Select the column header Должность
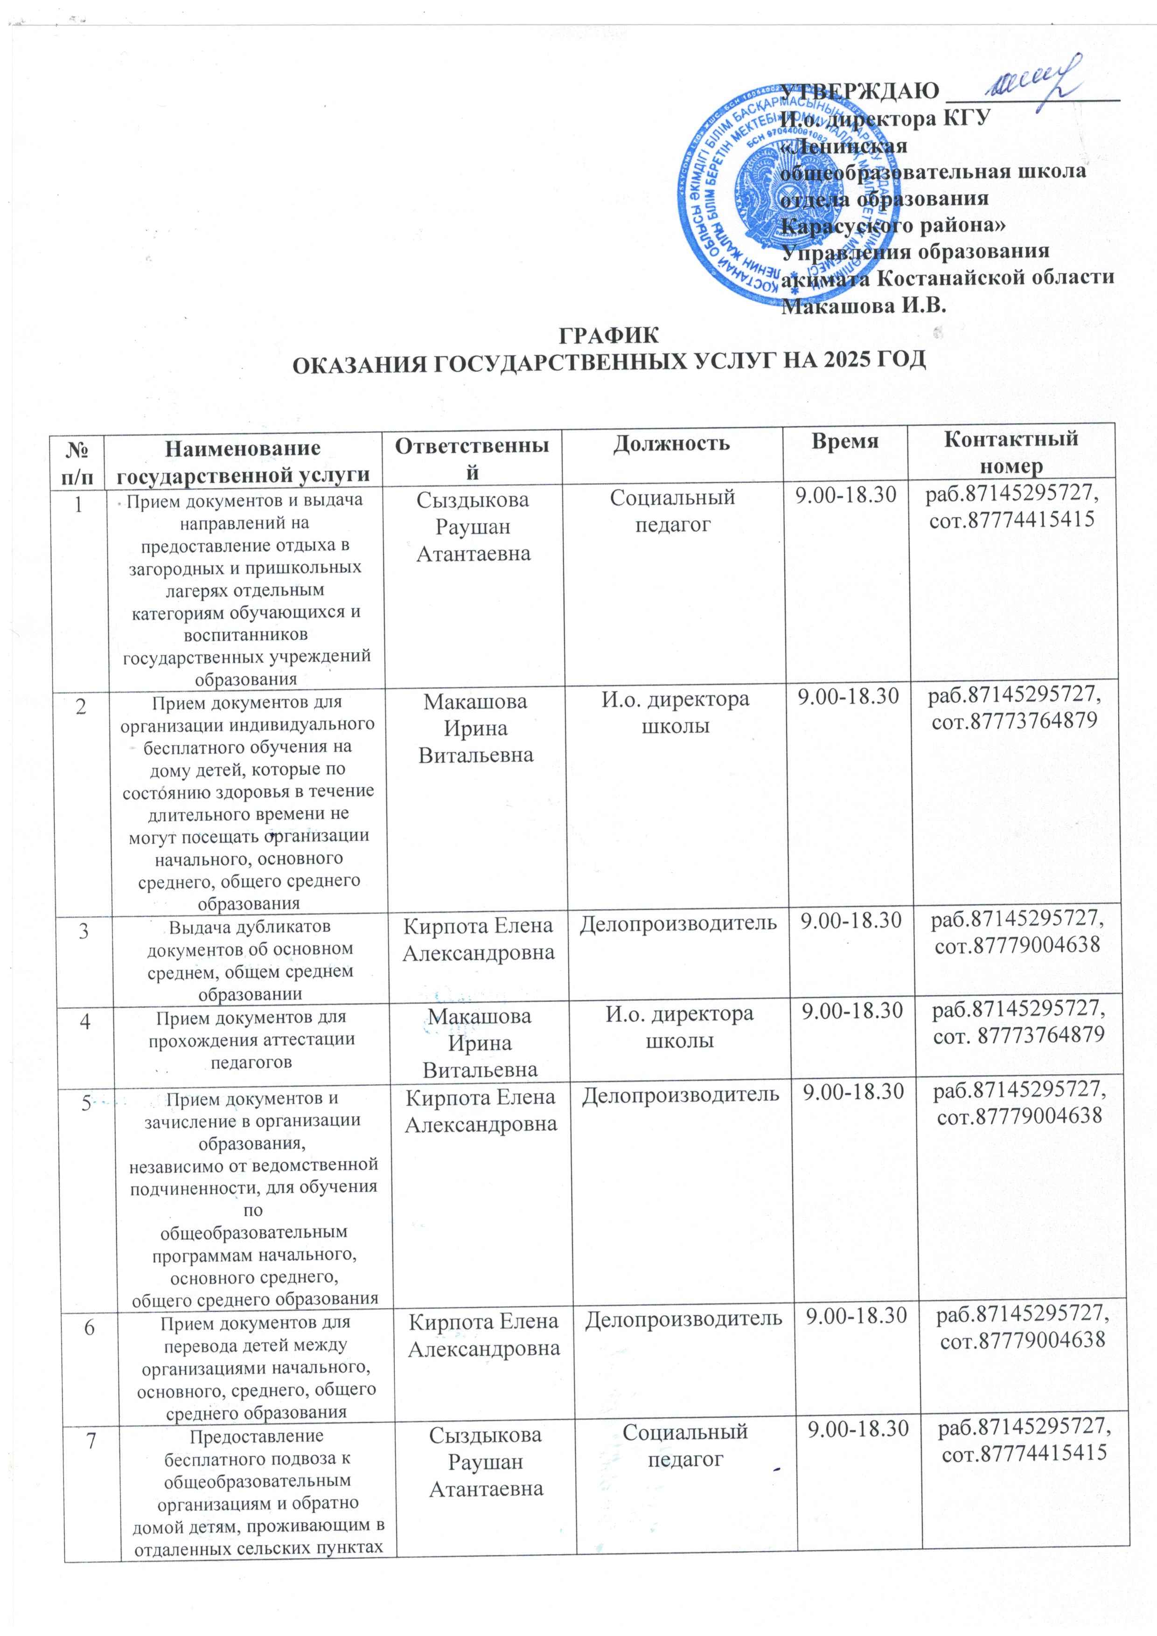[671, 443]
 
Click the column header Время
[845, 441]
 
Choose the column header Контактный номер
[1011, 452]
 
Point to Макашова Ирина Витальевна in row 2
[475, 728]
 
